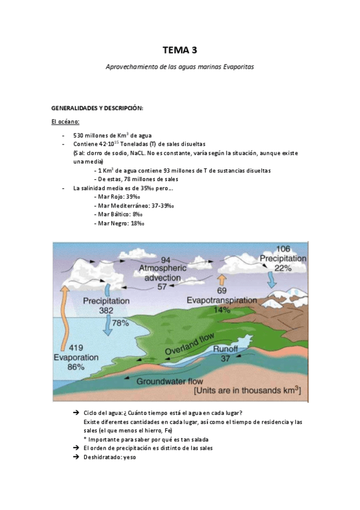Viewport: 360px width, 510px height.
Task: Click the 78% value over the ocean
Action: tap(121, 323)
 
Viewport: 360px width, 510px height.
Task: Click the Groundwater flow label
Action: tap(170, 381)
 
